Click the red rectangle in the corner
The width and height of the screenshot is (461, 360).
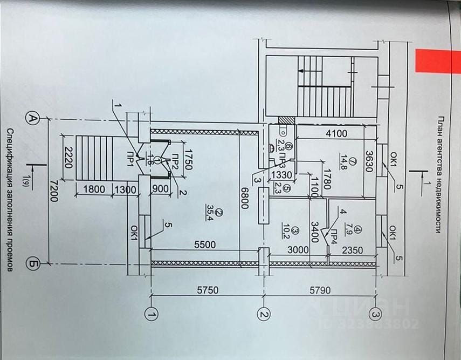coord(434,60)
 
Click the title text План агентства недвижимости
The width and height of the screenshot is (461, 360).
coord(441,174)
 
